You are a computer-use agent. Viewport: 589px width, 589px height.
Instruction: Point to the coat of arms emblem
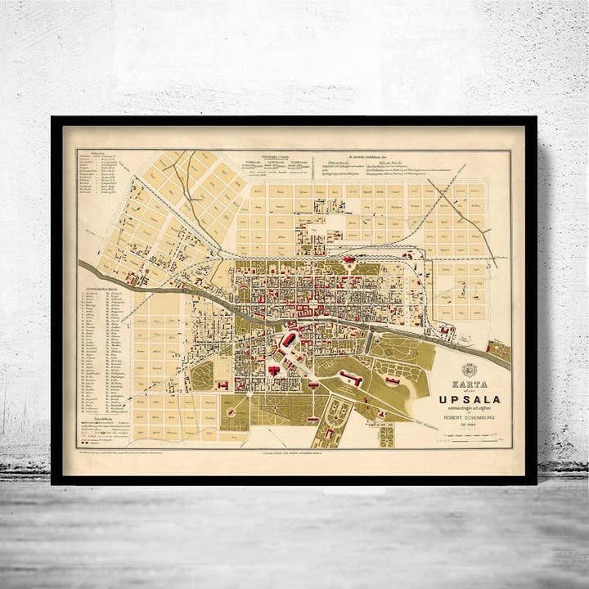(469, 369)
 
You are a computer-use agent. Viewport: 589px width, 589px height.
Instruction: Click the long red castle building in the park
(350, 379)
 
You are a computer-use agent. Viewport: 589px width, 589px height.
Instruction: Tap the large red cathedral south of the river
(288, 340)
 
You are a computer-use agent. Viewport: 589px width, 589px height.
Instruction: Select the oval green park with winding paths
(202, 375)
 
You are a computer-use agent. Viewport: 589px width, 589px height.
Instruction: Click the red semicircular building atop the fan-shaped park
(312, 384)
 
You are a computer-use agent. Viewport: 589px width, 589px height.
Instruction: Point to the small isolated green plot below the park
(386, 435)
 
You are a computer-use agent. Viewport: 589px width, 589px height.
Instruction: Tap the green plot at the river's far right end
(499, 352)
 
